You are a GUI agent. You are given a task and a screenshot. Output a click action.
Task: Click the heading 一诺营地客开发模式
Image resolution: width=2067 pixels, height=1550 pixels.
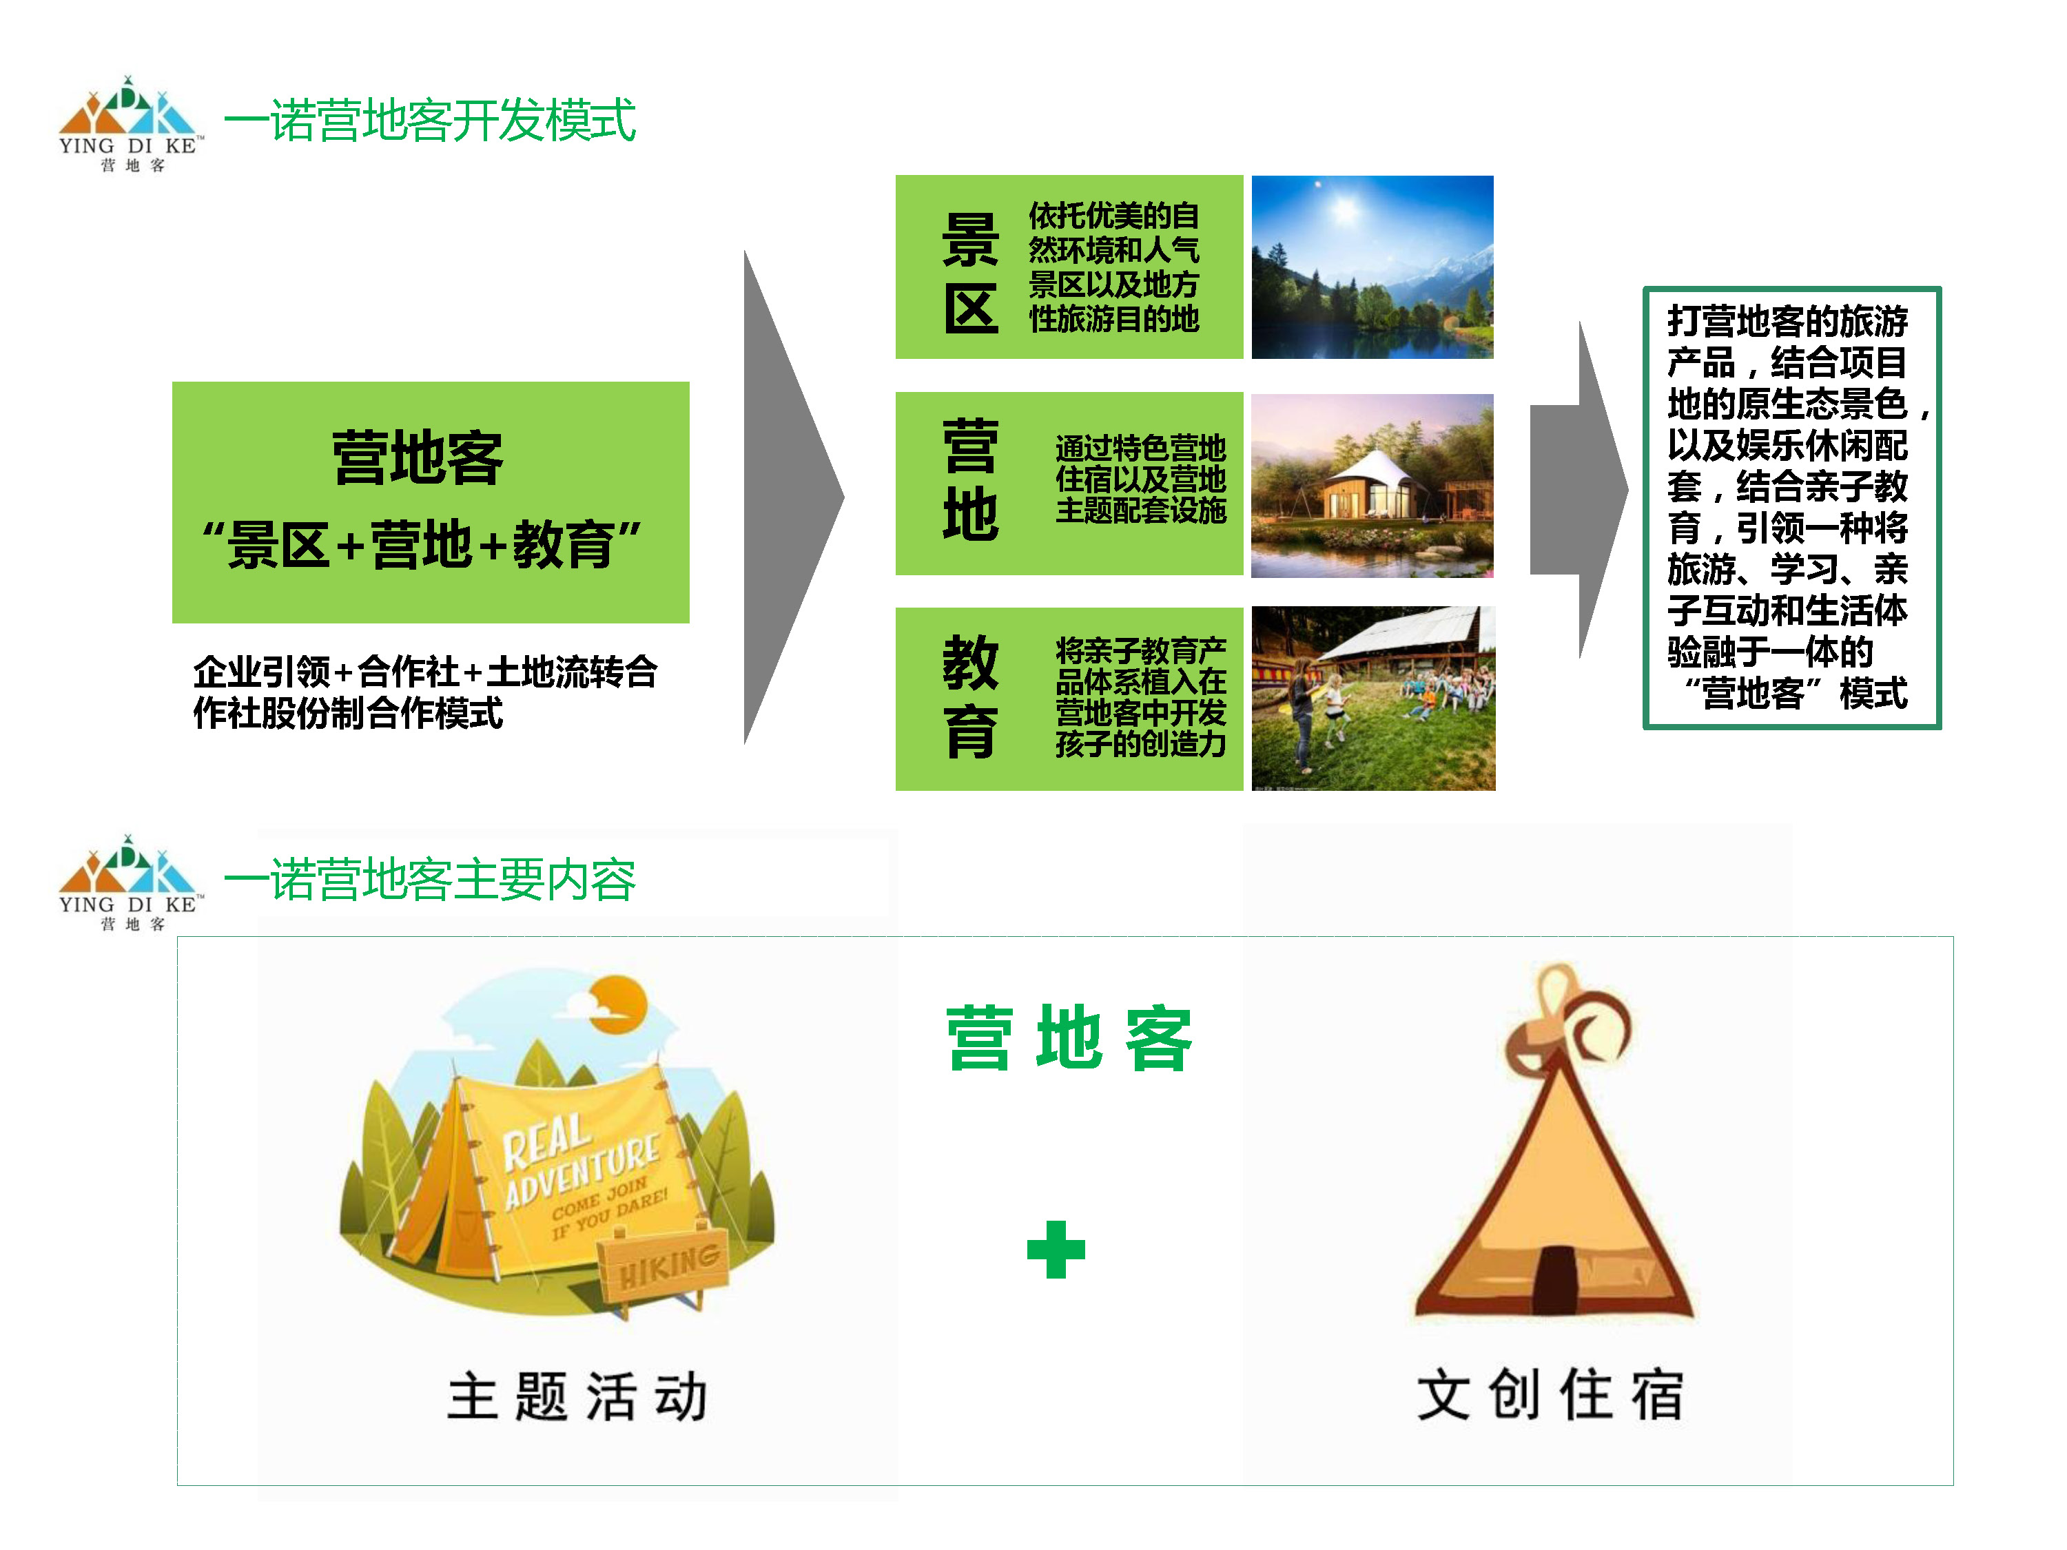click(430, 121)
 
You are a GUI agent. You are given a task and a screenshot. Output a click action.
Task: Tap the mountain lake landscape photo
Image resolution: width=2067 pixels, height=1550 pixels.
click(1372, 267)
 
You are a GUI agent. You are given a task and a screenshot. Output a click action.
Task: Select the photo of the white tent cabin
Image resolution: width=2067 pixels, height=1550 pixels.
click(1372, 486)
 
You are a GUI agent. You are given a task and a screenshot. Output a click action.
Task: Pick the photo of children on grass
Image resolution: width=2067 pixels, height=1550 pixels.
click(1372, 699)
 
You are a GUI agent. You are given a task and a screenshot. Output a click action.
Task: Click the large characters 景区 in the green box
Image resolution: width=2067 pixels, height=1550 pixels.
click(970, 273)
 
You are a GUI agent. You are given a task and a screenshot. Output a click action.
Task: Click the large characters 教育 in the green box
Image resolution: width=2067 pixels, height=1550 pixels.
click(970, 696)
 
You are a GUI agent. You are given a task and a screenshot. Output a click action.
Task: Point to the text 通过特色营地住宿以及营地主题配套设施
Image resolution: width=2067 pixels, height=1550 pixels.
click(1140, 479)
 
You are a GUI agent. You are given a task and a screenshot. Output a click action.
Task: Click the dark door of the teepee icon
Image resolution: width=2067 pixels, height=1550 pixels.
click(1554, 1280)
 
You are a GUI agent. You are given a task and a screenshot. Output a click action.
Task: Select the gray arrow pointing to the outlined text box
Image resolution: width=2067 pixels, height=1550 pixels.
click(1578, 490)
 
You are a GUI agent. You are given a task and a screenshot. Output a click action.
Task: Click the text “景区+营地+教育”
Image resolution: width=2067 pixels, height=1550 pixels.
click(422, 545)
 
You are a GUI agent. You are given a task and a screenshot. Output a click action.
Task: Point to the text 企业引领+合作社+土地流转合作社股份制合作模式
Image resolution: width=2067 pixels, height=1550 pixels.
click(425, 692)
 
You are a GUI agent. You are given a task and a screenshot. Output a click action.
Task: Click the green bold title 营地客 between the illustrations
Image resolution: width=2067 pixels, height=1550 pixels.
click(1069, 1038)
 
